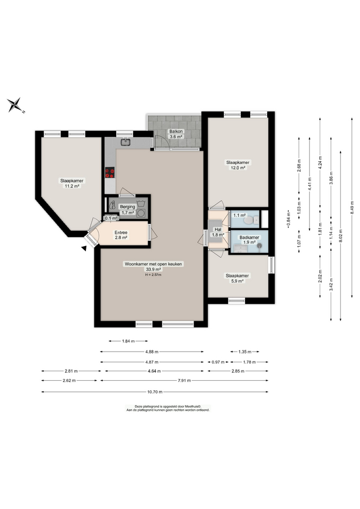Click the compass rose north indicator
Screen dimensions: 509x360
[16, 105]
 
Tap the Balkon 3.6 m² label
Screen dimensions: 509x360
[175, 134]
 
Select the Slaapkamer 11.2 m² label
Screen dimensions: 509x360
[72, 183]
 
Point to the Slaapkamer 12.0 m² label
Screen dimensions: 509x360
[238, 165]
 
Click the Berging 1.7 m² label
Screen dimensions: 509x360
[127, 209]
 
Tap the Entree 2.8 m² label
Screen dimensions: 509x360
[121, 235]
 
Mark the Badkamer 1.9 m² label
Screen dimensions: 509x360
[249, 240]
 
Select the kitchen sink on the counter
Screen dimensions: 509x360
[126, 142]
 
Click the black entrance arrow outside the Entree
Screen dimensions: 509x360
[84, 248]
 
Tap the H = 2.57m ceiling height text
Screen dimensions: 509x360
[152, 275]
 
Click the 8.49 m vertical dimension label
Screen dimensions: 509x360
[352, 208]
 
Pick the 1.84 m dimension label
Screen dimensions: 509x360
[128, 341]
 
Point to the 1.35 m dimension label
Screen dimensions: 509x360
[245, 352]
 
